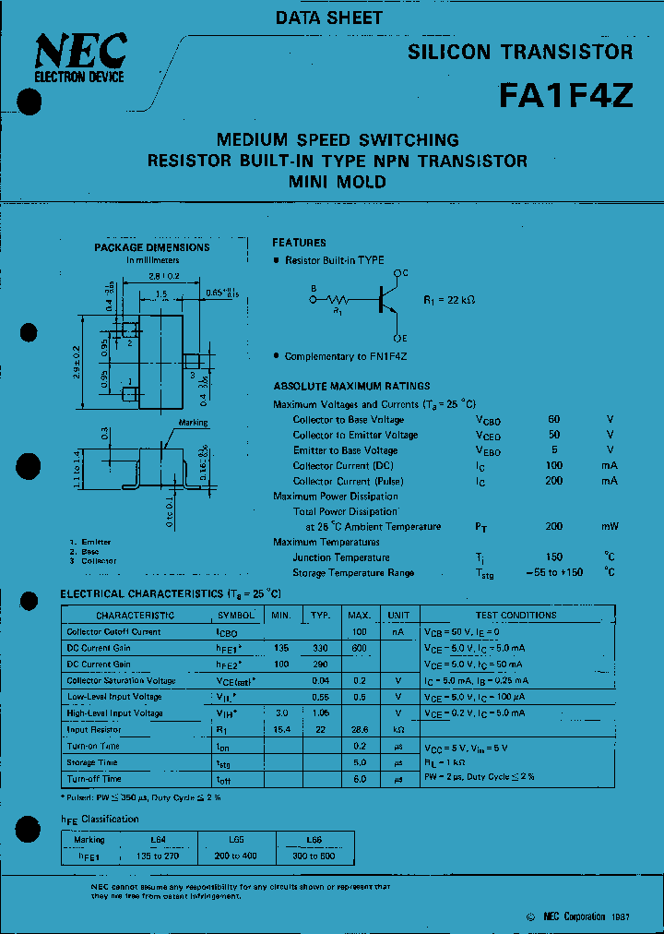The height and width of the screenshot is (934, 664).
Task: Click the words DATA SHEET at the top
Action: [x=329, y=18]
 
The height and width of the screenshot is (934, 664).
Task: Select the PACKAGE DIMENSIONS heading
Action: [x=152, y=247]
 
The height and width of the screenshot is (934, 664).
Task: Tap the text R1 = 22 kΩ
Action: [x=449, y=300]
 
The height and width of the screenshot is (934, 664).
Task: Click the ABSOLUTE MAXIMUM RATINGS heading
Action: [x=351, y=386]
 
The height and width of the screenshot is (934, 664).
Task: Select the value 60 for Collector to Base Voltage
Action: [x=553, y=419]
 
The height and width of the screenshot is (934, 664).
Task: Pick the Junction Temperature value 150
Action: [x=553, y=557]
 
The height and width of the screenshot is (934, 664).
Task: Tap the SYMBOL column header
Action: [x=237, y=615]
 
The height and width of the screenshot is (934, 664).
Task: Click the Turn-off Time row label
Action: [x=93, y=779]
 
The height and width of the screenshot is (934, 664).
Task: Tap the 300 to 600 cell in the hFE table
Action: [x=314, y=856]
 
